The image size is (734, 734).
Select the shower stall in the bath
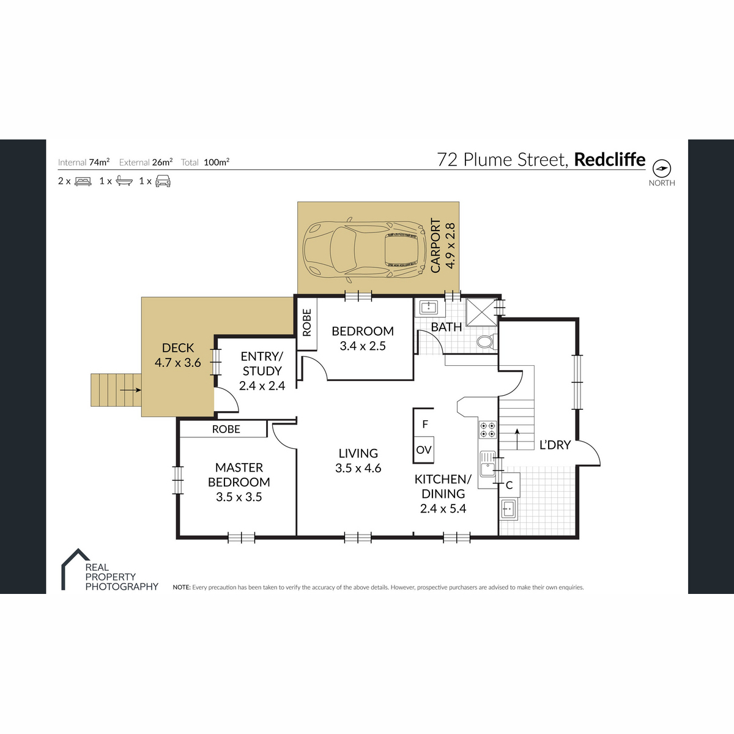pyautogui.click(x=481, y=313)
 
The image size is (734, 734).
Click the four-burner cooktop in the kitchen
pyautogui.click(x=487, y=429)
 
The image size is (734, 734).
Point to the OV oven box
pyautogui.click(x=423, y=450)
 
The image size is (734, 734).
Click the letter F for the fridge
pyautogui.click(x=425, y=424)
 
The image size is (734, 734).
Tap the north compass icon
pyautogui.click(x=662, y=168)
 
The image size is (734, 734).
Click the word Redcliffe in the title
pyautogui.click(x=609, y=160)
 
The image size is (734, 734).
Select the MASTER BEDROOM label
pyautogui.click(x=239, y=475)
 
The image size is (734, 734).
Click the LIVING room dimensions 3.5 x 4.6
pyautogui.click(x=358, y=468)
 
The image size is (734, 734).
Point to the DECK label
pyautogui.click(x=178, y=348)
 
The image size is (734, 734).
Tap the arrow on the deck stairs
pyautogui.click(x=130, y=390)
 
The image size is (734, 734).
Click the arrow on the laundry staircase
pyautogui.click(x=517, y=439)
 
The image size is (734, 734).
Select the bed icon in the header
pyautogui.click(x=83, y=181)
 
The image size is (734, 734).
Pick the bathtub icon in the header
pyautogui.click(x=124, y=181)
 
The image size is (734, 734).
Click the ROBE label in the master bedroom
pyautogui.click(x=226, y=429)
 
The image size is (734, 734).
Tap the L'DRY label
pyautogui.click(x=555, y=445)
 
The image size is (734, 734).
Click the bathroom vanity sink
pyautogui.click(x=429, y=306)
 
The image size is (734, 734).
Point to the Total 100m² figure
pyautogui.click(x=217, y=162)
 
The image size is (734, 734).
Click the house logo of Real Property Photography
pyautogui.click(x=75, y=569)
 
